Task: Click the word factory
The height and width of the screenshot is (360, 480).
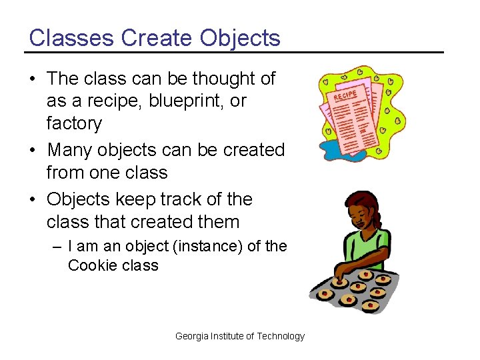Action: (74, 123)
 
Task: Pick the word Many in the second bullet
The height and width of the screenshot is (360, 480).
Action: (69, 150)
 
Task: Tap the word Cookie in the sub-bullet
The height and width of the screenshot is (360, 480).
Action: (91, 265)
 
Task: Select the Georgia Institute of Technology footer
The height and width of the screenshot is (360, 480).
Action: (239, 336)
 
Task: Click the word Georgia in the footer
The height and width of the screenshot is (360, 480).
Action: (191, 336)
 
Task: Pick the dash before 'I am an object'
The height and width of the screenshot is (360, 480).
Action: (57, 247)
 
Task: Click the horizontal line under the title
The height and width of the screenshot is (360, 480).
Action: (234, 52)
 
